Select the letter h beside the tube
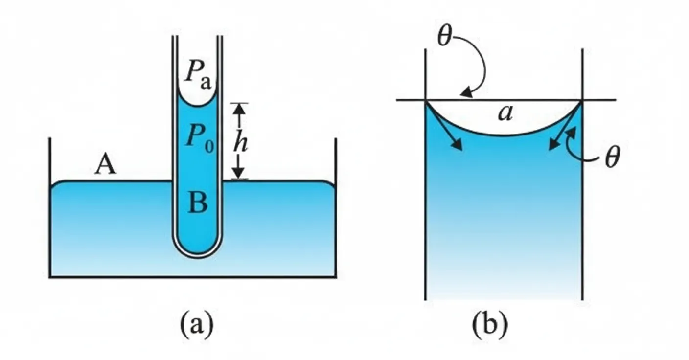(240, 142)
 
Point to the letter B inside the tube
(198, 202)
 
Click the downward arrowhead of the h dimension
(238, 173)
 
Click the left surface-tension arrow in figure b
(445, 127)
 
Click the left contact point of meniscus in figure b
(426, 101)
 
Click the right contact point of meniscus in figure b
(582, 101)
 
